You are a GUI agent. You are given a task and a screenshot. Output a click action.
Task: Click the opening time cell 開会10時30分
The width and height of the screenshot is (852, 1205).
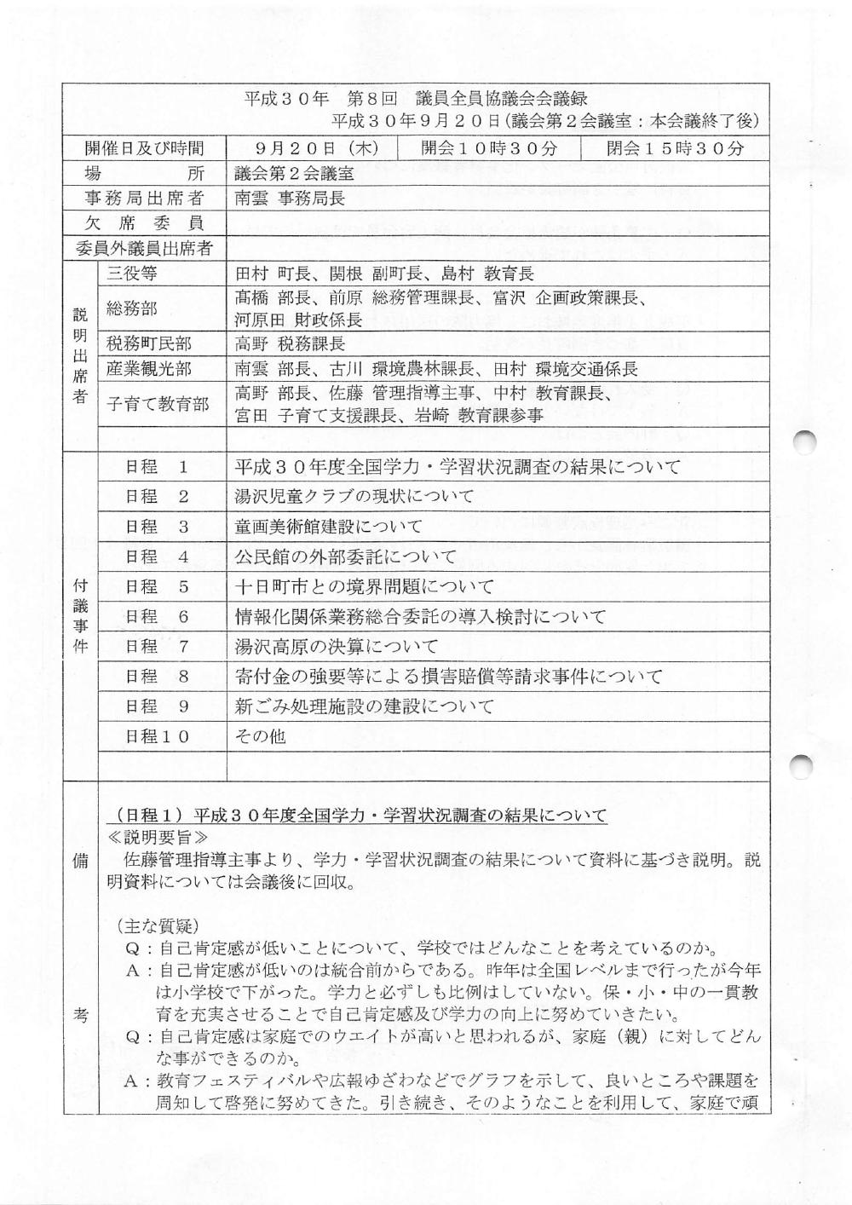[x=489, y=148]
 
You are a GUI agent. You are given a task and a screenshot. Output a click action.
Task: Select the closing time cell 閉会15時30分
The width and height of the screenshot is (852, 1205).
[x=675, y=148]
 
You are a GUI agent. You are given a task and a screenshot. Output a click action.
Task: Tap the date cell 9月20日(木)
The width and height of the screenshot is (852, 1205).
[x=316, y=148]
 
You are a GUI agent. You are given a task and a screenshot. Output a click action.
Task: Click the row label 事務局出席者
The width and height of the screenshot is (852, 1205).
[x=144, y=199]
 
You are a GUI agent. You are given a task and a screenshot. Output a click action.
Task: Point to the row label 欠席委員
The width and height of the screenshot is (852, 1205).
[x=144, y=223]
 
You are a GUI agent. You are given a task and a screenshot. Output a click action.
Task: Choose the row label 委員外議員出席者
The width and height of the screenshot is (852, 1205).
[x=144, y=249]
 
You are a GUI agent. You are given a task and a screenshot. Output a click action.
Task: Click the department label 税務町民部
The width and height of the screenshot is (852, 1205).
[x=149, y=343]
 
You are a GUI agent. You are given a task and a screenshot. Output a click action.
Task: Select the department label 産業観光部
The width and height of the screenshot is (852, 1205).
[x=149, y=369]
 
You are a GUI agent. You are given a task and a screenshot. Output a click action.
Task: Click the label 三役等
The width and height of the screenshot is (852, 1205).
[x=132, y=274]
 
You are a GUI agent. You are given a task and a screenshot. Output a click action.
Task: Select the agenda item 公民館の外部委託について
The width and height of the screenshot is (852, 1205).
[x=345, y=557]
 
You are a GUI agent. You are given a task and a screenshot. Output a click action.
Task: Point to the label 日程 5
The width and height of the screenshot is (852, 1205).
[x=157, y=587]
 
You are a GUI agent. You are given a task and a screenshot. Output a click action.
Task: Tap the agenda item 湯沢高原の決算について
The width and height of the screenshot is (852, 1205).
[x=337, y=647]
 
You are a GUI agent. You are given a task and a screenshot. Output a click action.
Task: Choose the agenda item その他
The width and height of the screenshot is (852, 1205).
[x=260, y=736]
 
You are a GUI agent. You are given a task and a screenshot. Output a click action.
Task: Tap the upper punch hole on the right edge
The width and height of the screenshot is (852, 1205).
[x=804, y=443]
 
